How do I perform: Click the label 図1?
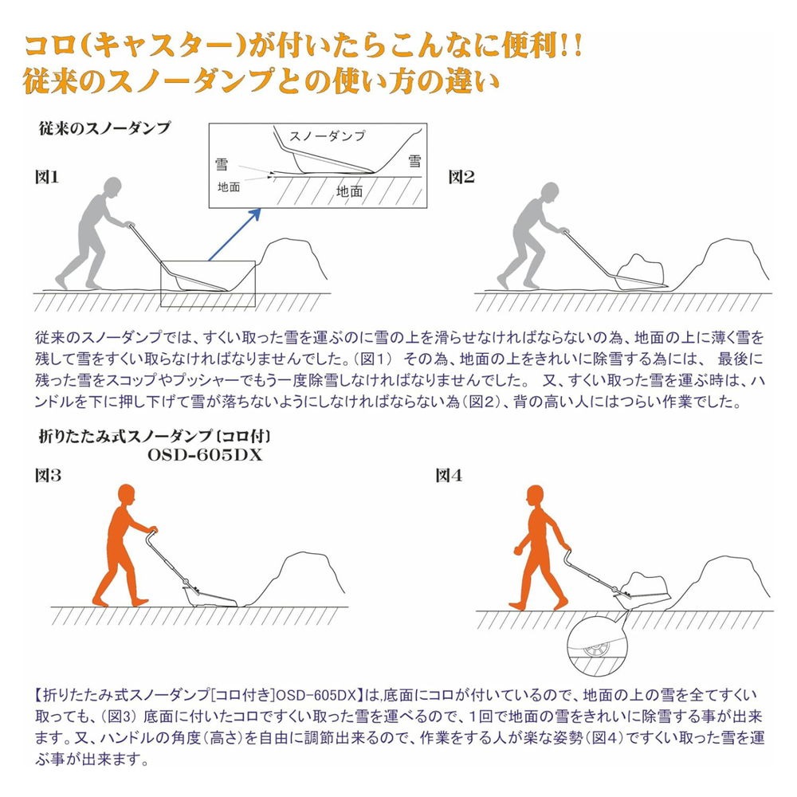click(x=47, y=177)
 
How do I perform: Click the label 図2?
click(x=461, y=177)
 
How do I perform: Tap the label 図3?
click(x=48, y=476)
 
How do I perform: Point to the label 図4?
click(x=449, y=476)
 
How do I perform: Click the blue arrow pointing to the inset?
click(x=234, y=235)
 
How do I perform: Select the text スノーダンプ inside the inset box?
click(x=327, y=135)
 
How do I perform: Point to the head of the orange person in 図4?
click(x=536, y=495)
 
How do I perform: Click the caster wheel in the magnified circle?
click(x=596, y=649)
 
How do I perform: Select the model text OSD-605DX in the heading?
click(x=205, y=455)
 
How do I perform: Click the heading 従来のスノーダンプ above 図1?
click(x=104, y=128)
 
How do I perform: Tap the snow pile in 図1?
click(x=291, y=261)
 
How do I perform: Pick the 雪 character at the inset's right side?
click(x=414, y=161)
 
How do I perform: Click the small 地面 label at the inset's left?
click(x=229, y=187)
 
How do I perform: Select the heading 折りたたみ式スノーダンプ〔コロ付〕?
click(x=155, y=437)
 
